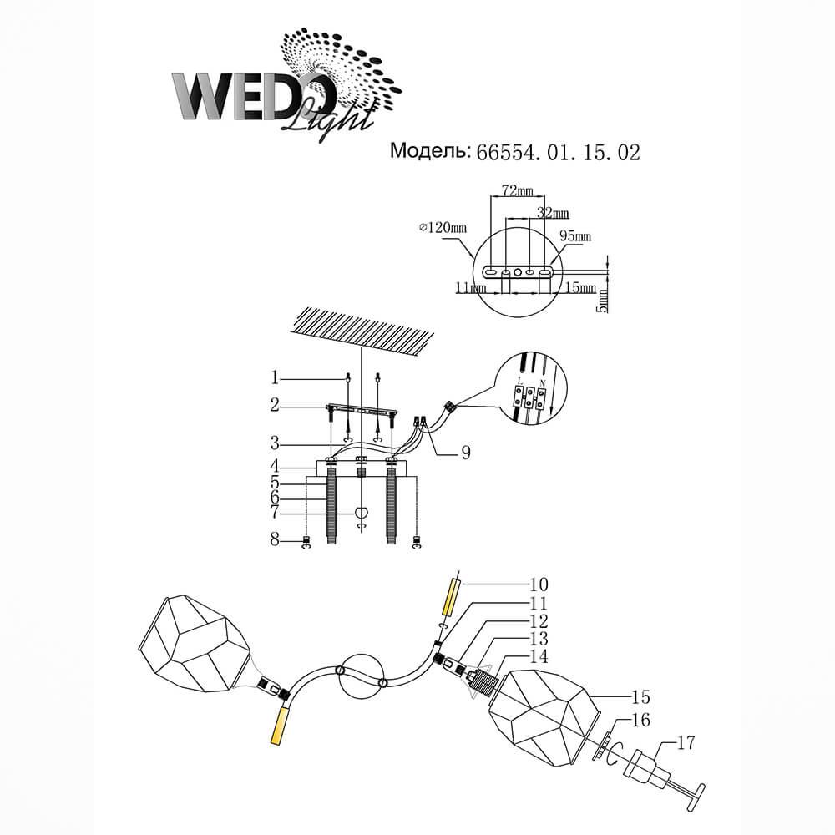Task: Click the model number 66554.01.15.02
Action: coord(558,153)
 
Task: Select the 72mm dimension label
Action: coord(518,190)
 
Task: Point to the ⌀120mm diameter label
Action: coord(443,228)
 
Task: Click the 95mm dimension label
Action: coord(575,235)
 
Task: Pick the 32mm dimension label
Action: coord(553,214)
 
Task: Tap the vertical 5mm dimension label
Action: coord(602,301)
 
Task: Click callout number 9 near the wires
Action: coord(465,452)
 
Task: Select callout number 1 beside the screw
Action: coord(275,378)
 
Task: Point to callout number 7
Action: coord(275,513)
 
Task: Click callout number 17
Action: coord(685,743)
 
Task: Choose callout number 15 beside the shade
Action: coord(641,696)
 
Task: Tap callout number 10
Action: coord(539,584)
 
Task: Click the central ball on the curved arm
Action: coord(361,676)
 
